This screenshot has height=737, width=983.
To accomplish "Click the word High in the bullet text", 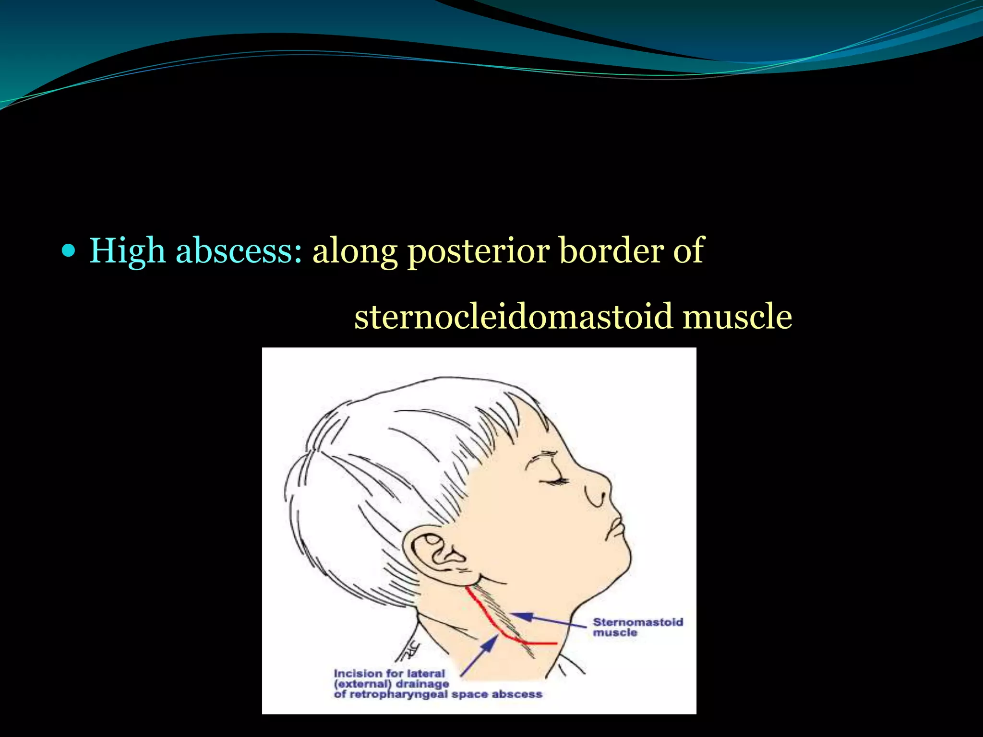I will [x=127, y=251].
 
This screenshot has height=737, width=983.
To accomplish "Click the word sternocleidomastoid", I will [x=513, y=317].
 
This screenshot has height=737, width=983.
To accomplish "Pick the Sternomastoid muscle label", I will [x=637, y=627].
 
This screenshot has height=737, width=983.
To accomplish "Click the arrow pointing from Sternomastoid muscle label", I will [x=547, y=619].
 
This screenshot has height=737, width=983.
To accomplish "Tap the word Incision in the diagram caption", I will [x=355, y=674].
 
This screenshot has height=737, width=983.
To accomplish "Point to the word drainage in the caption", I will [x=422, y=684].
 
